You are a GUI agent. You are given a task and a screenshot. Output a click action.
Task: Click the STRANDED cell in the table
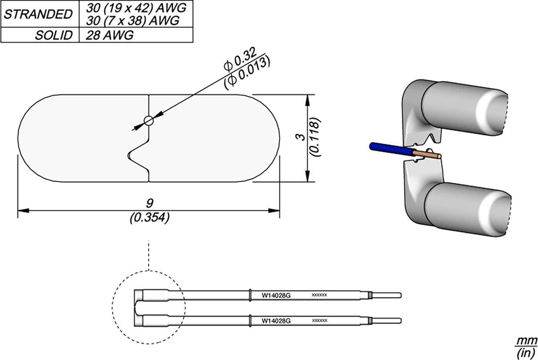click(38, 14)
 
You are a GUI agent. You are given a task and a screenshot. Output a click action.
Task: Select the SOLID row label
click(53, 35)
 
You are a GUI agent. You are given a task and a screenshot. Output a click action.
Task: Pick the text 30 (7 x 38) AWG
click(132, 20)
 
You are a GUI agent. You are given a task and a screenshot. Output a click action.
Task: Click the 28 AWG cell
click(109, 35)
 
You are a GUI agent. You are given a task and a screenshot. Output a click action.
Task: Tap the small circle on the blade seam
click(148, 121)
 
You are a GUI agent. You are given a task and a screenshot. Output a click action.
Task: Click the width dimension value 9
click(149, 204)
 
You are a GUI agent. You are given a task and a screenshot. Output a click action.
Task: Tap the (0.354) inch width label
click(149, 217)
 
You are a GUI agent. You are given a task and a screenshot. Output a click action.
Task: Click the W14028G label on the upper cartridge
click(276, 295)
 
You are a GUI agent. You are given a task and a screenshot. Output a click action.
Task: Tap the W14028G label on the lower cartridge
click(276, 321)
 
